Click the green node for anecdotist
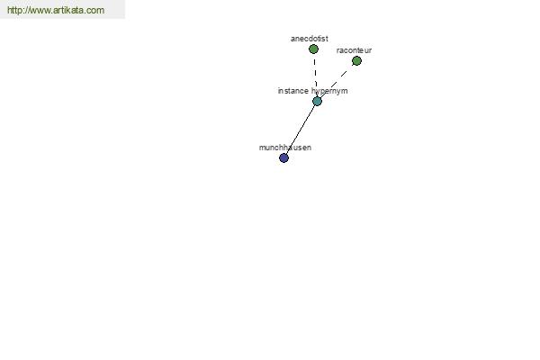pos(313,49)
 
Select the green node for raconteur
pos(356,61)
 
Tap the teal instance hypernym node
pos(317,102)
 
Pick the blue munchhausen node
pos(283,158)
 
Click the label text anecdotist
pos(310,39)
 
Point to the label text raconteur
pos(354,50)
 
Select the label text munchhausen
pos(285,148)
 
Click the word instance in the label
pos(293,91)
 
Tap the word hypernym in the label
pos(329,91)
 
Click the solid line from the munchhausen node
pos(301,130)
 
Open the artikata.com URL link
pos(56,10)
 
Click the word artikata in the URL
pos(68,10)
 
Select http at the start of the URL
pos(14,11)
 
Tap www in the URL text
pos(39,11)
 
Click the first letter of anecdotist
pos(292,39)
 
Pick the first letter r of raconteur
pos(337,50)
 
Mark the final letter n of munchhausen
pos(310,148)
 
